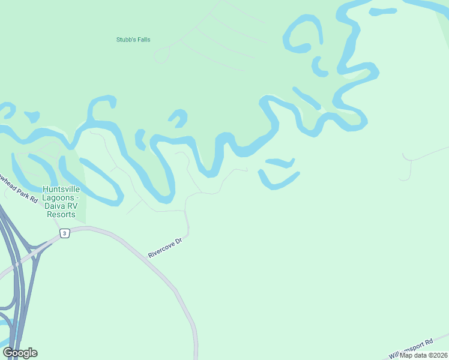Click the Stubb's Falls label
coord(133,40)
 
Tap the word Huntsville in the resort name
coord(61,190)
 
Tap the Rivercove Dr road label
coord(164,247)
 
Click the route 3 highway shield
coord(65,233)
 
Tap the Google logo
coord(20,353)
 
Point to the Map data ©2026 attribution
coord(424,355)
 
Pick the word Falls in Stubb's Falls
coord(143,40)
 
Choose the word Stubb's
coord(125,40)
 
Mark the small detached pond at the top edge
coord(382,11)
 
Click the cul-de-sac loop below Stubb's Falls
coord(160,56)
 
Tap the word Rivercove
coord(161,250)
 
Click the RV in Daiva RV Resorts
coord(70,206)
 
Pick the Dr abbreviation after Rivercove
coord(178,239)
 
